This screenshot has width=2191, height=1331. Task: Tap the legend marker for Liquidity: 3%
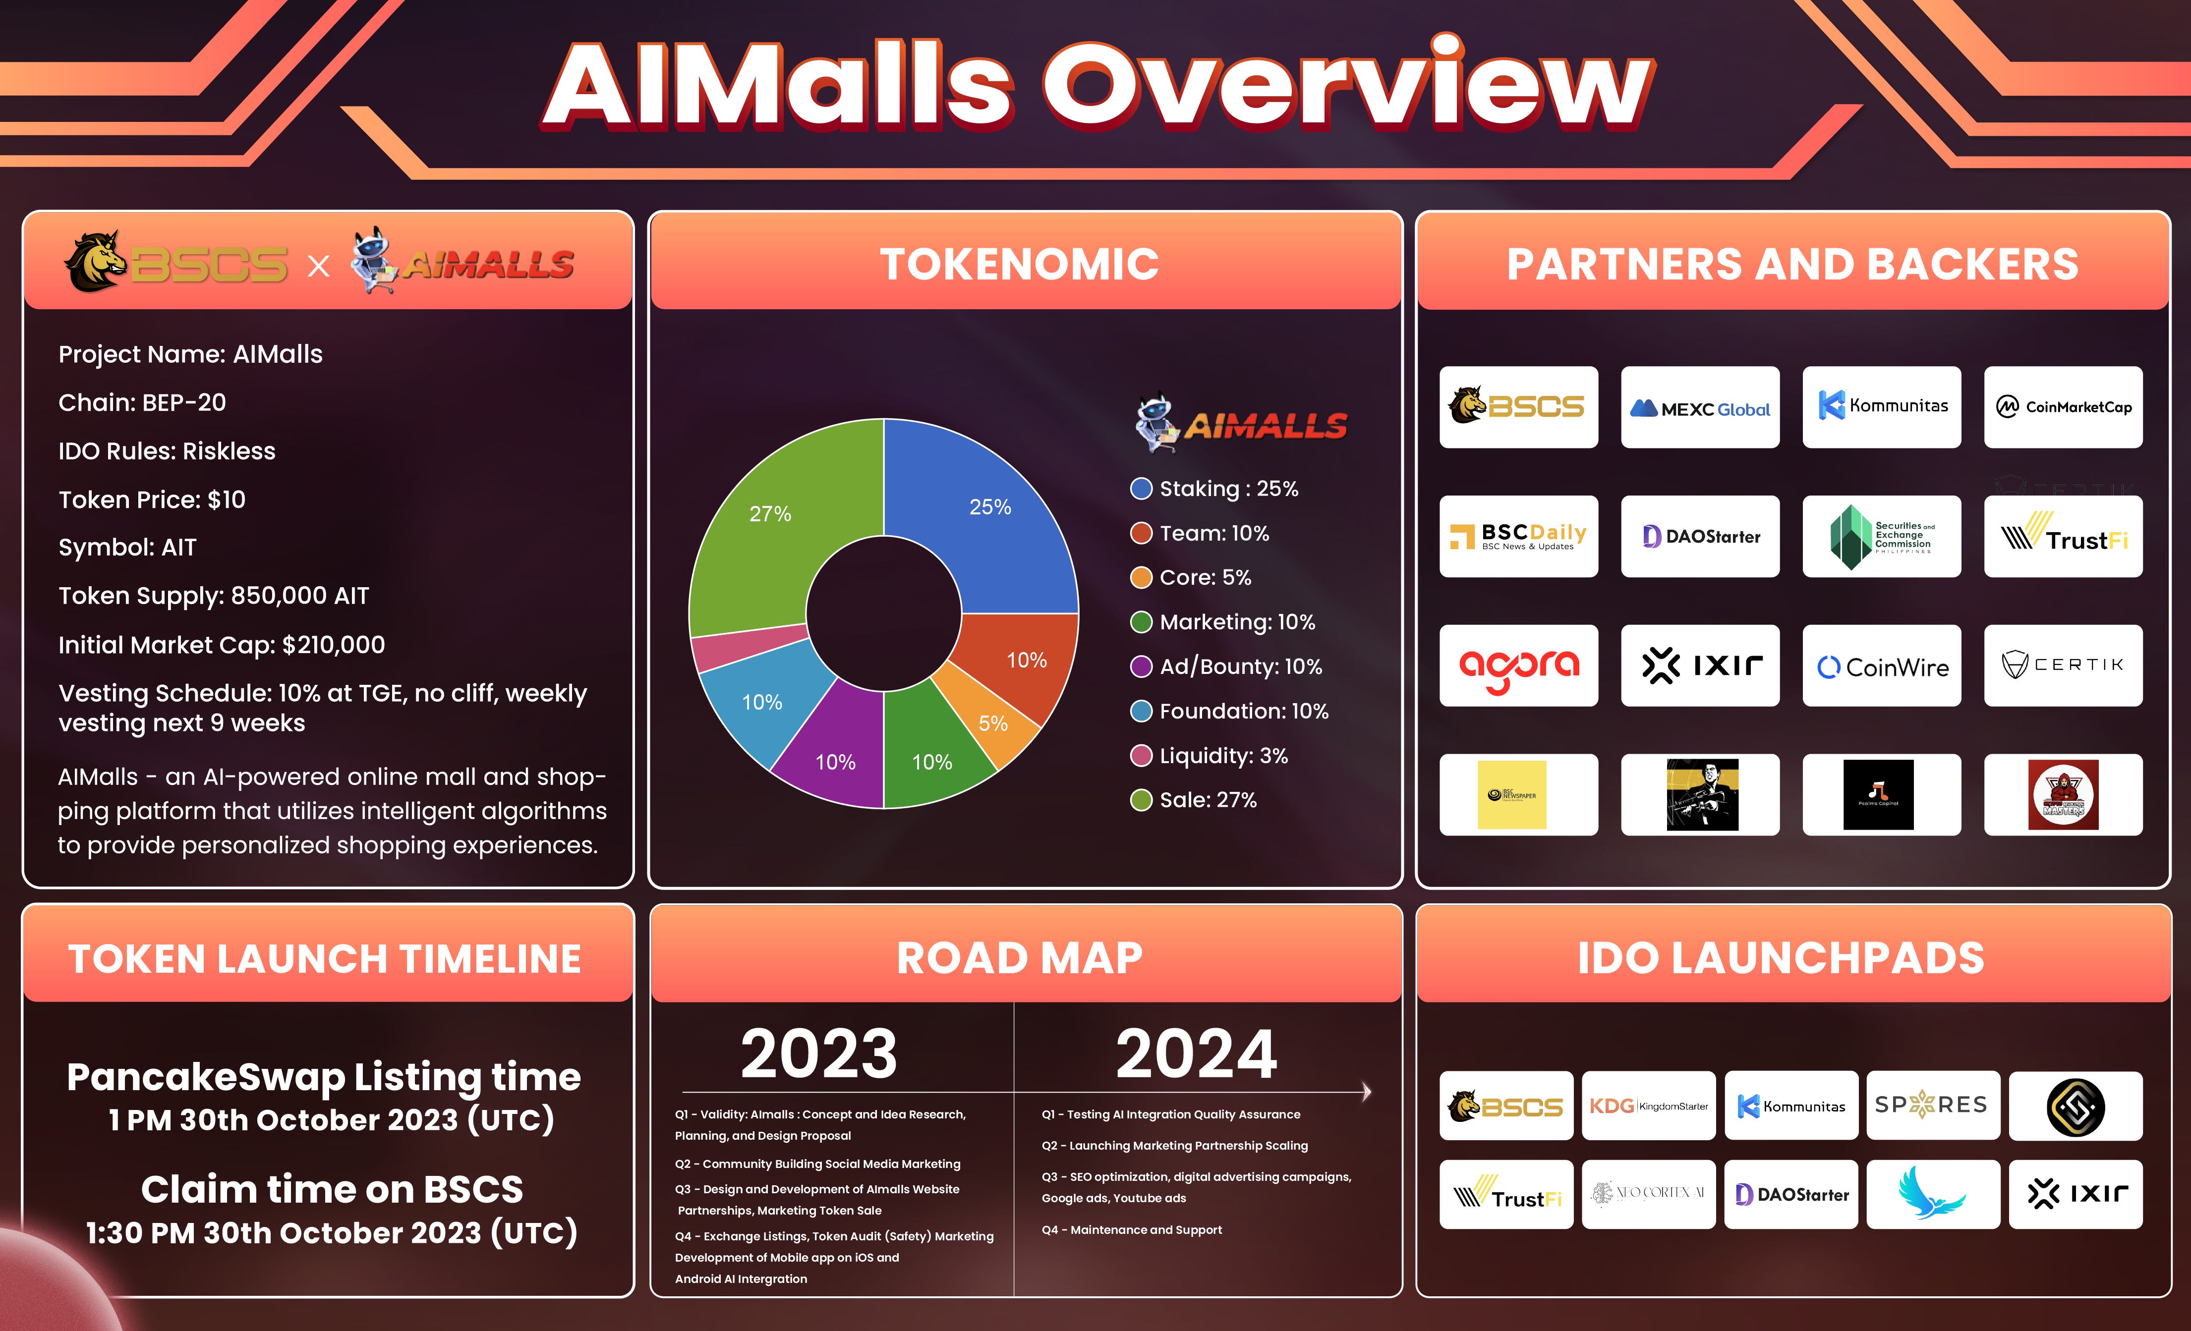coord(1141,756)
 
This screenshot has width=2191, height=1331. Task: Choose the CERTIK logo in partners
coord(2063,665)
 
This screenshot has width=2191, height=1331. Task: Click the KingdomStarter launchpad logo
coord(1649,1106)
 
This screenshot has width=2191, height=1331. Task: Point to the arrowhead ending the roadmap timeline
coord(1367,1092)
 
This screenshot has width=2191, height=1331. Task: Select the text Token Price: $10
coord(152,499)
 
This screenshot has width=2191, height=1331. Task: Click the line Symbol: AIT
coord(127,548)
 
